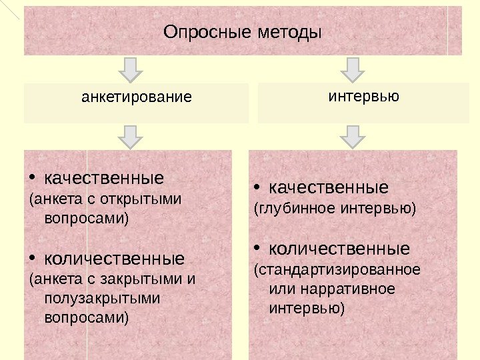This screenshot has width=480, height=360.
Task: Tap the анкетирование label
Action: coord(136,97)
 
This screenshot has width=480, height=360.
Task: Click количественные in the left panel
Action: coord(113,257)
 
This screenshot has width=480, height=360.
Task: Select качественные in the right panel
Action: coord(329,187)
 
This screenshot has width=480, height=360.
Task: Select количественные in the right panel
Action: coord(339,249)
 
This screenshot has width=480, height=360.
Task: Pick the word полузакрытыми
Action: coord(102,297)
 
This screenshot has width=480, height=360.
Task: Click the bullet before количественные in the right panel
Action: coord(257,249)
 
